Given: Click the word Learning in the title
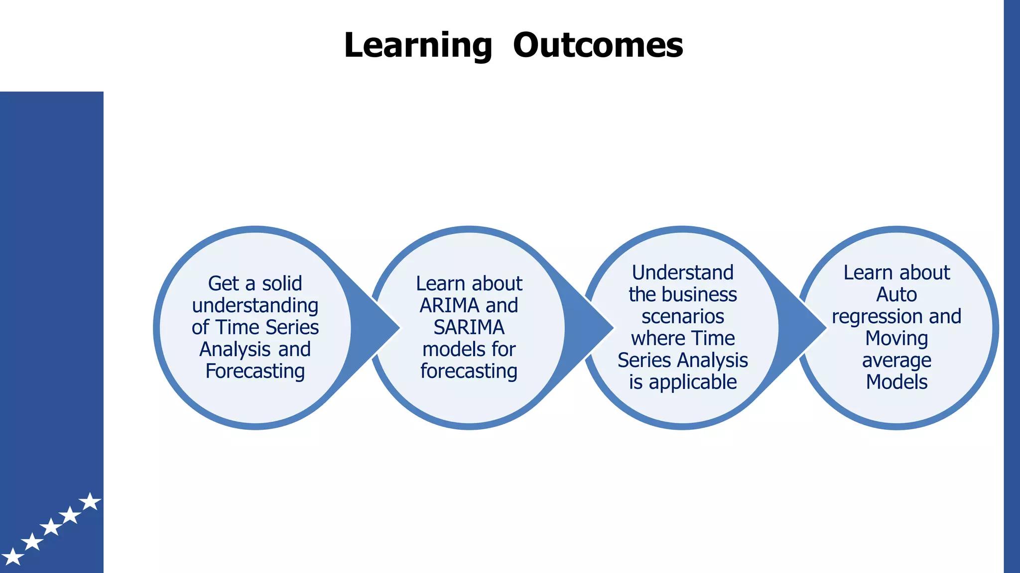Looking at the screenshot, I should tap(417, 45).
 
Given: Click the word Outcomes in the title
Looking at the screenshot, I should tap(598, 45).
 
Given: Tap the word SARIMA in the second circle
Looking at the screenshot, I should tap(469, 327).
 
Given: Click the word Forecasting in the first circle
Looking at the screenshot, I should tap(255, 371).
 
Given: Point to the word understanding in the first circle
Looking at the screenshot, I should tap(255, 305).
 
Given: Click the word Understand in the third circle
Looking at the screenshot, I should tap(682, 273).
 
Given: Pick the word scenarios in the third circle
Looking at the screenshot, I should tap(682, 316).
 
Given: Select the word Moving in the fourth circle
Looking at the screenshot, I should tap(896, 338).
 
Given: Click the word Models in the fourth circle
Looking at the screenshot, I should tap(896, 382).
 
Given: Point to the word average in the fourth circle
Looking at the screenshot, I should tap(896, 360).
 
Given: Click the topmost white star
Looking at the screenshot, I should tap(90, 501).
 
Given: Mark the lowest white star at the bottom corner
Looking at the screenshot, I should tap(12, 557).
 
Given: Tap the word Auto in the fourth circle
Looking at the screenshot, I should tap(896, 294).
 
